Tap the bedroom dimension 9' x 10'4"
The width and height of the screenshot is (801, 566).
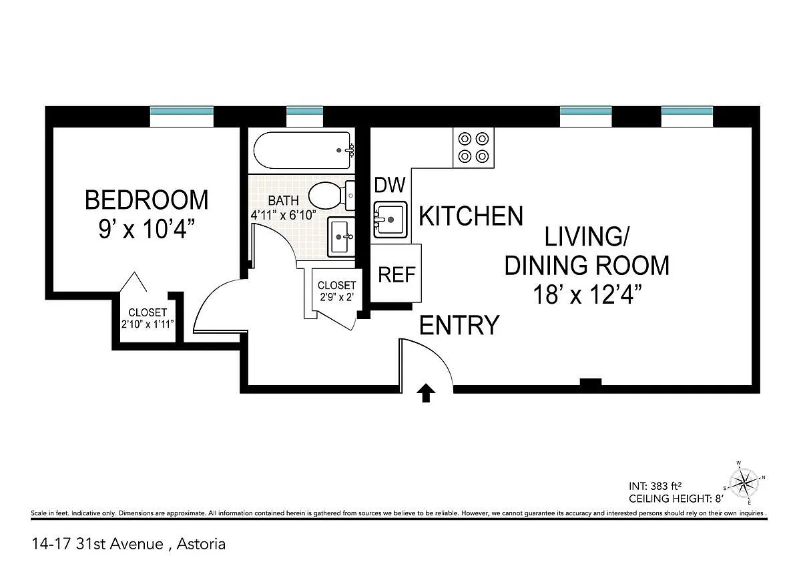pos(147,229)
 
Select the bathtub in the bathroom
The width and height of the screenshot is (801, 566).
pos(302,151)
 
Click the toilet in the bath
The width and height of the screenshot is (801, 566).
pos(332,196)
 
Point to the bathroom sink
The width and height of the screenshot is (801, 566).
pos(342,237)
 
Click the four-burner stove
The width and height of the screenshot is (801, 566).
pos(473,148)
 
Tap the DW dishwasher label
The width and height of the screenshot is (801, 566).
pos(390,185)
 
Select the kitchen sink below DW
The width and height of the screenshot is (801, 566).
pos(390,220)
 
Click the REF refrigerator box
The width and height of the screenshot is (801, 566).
pos(396,274)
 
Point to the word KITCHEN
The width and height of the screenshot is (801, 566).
pos(471,216)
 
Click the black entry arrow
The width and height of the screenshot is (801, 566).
pos(426,393)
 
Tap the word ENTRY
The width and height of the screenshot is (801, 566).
pos(459,325)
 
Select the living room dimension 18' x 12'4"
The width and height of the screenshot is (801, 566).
pos(587,294)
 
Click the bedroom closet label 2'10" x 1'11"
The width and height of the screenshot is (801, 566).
pos(148,324)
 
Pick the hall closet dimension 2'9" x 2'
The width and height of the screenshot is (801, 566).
pos(336,297)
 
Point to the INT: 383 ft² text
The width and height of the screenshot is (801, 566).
pos(655,486)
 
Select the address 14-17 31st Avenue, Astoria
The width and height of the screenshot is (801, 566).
pos(129,544)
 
